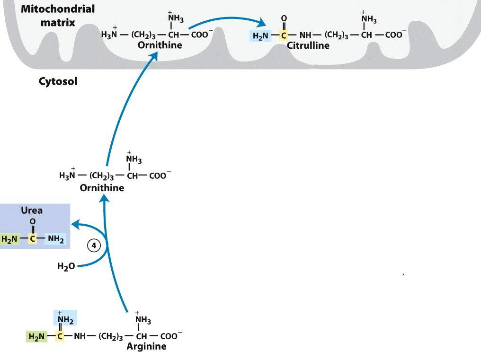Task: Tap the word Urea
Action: pyautogui.click(x=32, y=211)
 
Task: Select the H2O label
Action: pyautogui.click(x=66, y=266)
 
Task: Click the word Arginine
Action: pyautogui.click(x=147, y=346)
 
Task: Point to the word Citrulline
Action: pyautogui.click(x=308, y=45)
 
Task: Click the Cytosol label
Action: pyautogui.click(x=58, y=81)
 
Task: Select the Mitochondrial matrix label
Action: pyautogui.click(x=58, y=16)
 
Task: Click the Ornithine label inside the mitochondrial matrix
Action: pyautogui.click(x=160, y=45)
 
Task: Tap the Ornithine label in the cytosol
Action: pyautogui.click(x=102, y=188)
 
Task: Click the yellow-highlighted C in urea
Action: pyautogui.click(x=32, y=239)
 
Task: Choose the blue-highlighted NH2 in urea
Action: pyautogui.click(x=55, y=239)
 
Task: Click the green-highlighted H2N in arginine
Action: pyautogui.click(x=36, y=336)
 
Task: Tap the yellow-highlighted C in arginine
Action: pyautogui.click(x=60, y=336)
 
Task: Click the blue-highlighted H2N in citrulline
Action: pyautogui.click(x=261, y=35)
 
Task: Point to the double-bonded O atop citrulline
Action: pyautogui.click(x=284, y=19)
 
